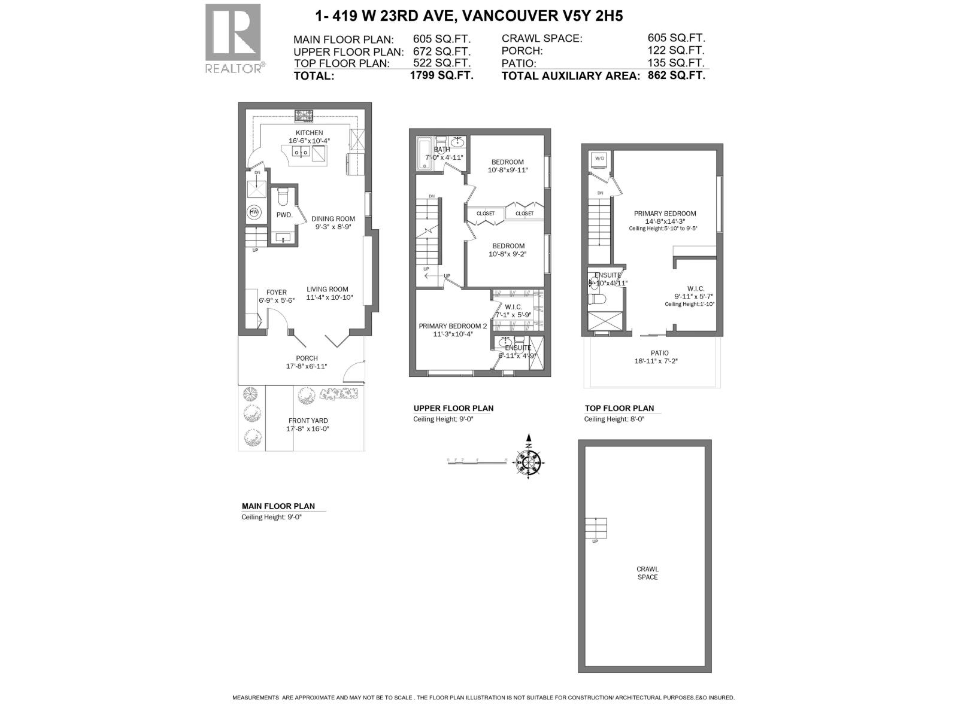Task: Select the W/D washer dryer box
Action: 599,159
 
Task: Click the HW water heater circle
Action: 253,212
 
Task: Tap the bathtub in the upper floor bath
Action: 425,153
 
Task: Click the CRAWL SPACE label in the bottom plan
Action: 647,573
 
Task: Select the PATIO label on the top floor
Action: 660,353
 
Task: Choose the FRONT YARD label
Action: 308,421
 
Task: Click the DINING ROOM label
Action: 333,218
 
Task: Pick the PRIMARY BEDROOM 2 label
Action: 453,326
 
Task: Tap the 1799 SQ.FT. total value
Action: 441,75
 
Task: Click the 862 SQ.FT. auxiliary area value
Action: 676,75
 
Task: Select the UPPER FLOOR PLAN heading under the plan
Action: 453,409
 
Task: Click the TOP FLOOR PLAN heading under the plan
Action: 619,409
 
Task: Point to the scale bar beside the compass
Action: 477,461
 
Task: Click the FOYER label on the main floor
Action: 277,293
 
